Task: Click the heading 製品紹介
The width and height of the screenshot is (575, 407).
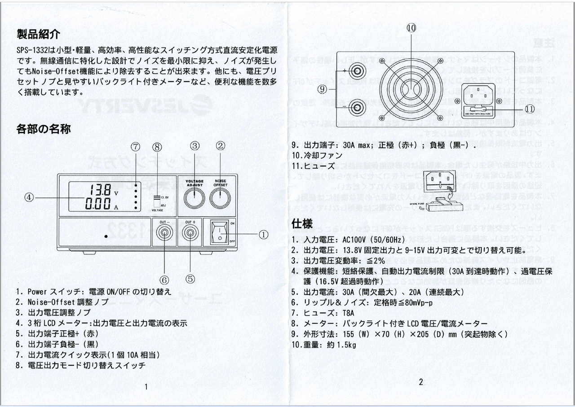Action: pos(38,34)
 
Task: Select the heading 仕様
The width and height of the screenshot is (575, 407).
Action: pos(302,223)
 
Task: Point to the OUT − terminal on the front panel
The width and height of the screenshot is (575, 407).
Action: pos(164,233)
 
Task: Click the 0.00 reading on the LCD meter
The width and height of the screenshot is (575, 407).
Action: pos(98,204)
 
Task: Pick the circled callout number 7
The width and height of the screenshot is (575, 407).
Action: pos(136,146)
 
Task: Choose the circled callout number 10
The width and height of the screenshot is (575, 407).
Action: pos(411,28)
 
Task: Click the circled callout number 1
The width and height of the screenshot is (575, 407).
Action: pos(263,234)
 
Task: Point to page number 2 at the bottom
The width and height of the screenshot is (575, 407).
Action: pos(420,382)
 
